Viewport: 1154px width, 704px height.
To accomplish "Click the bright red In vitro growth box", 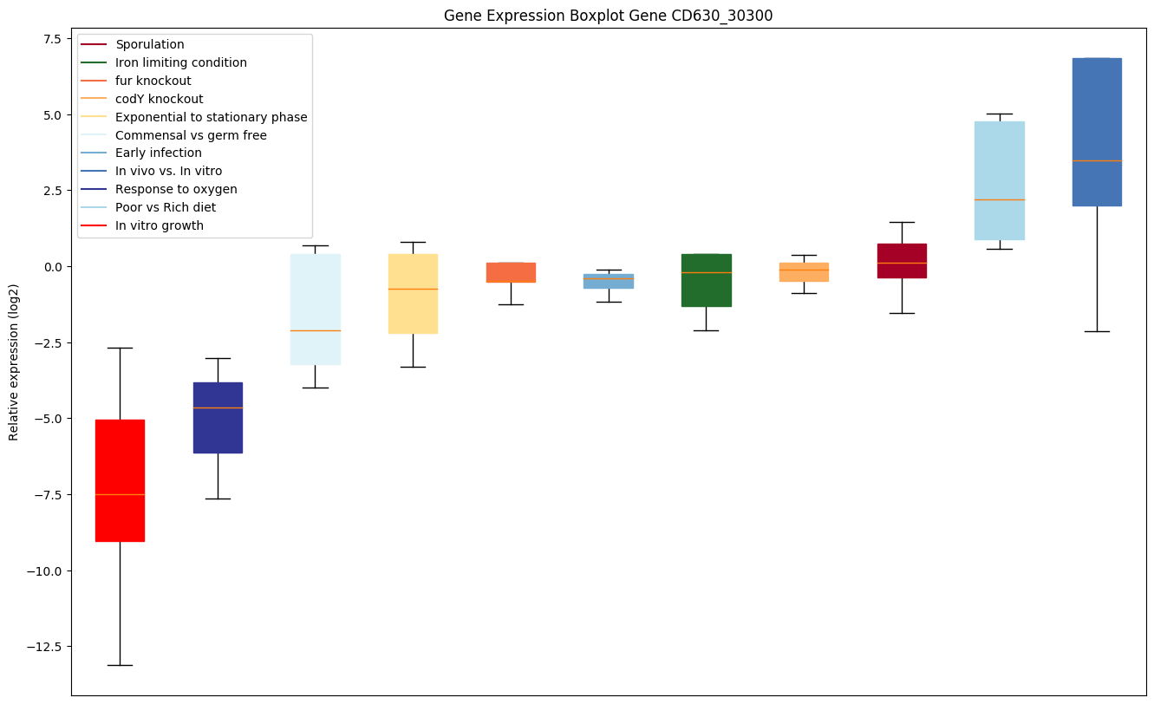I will pyautogui.click(x=120, y=480).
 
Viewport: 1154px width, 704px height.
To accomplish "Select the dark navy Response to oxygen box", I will pyautogui.click(x=218, y=417).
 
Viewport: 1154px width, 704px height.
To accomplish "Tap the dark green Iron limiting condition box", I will pyautogui.click(x=706, y=280).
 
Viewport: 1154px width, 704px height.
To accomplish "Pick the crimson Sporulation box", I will pyautogui.click(x=902, y=260).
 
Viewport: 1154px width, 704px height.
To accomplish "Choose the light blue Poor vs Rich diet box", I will pyautogui.click(x=1000, y=180).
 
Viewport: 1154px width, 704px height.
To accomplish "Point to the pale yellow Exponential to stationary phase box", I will pyautogui.click(x=413, y=293).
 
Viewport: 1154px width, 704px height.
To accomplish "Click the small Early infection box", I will pyautogui.click(x=609, y=281).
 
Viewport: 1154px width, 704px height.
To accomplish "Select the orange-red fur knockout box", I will pyautogui.click(x=511, y=272).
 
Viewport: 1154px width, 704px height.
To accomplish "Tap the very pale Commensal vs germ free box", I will pyautogui.click(x=315, y=309).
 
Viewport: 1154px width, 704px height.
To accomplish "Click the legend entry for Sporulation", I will pyautogui.click(x=149, y=44).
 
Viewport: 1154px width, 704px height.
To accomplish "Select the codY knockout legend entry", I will pyautogui.click(x=159, y=99).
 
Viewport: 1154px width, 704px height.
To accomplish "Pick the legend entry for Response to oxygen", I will pyautogui.click(x=176, y=189).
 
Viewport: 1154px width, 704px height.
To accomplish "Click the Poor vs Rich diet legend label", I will pyautogui.click(x=166, y=207).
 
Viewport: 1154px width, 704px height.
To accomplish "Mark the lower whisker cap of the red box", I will pyautogui.click(x=120, y=665).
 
